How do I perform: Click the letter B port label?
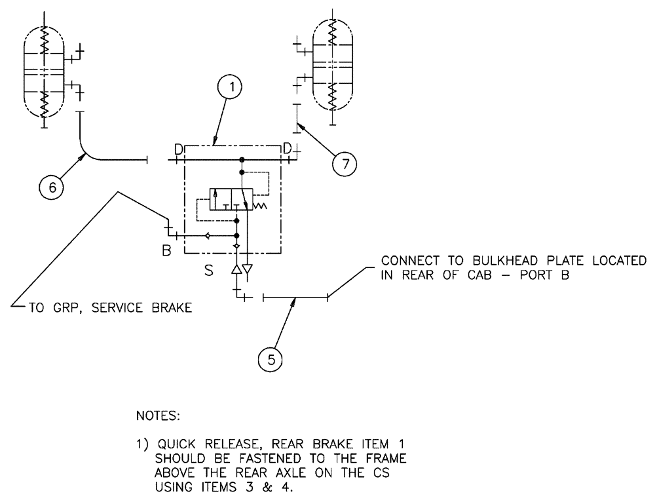click(167, 249)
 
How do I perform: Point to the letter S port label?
click(208, 269)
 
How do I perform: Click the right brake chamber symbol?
click(332, 66)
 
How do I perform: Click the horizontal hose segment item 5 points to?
click(295, 297)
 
